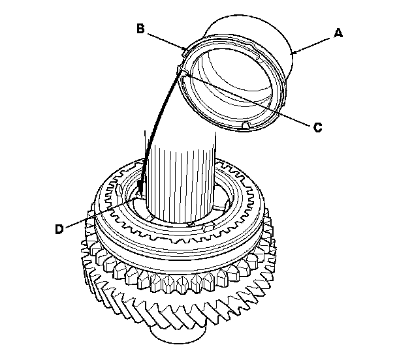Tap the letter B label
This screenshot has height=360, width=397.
tap(140, 28)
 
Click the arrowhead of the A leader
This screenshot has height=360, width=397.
tap(294, 52)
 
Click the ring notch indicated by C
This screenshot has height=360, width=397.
tap(181, 70)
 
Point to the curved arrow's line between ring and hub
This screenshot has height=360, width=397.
tap(155, 124)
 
